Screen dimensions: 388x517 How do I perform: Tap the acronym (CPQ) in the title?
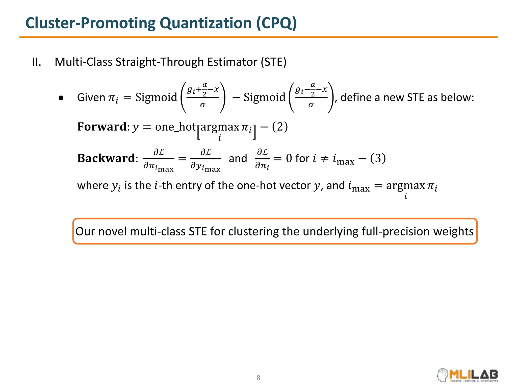pos(276,23)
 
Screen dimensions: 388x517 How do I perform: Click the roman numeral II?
pos(37,62)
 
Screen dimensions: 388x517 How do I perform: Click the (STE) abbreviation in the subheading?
pos(274,62)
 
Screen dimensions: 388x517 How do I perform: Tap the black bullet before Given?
pos(61,98)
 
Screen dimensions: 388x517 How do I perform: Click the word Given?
pos(91,98)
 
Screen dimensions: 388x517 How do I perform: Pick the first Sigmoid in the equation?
pos(156,98)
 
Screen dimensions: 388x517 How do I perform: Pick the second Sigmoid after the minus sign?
pos(264,98)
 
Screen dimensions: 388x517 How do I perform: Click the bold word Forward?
pos(102,127)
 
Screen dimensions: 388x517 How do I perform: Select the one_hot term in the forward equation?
pos(175,127)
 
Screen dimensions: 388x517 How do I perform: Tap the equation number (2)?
pos(280,127)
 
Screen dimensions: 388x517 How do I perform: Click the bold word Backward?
pos(106,158)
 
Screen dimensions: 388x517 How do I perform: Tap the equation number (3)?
pos(378,158)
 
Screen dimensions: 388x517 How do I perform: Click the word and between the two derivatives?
pos(238,159)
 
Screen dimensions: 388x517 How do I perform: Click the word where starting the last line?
pos(93,186)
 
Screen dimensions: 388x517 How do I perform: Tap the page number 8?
pos(258,378)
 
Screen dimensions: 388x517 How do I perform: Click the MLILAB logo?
pos(467,375)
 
